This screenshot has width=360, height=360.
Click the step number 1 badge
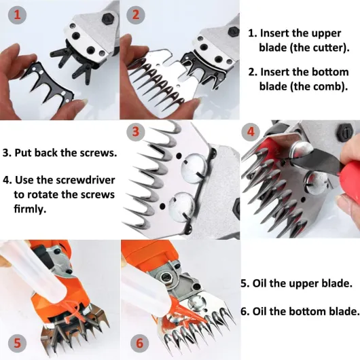(17, 15)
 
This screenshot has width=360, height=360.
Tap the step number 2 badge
(136, 15)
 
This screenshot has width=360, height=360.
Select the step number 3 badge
(136, 132)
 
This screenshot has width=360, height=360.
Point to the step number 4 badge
(251, 132)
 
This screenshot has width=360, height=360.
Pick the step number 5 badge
(17, 343)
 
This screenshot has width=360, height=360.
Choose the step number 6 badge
(140, 343)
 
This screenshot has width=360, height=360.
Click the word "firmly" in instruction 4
(29, 209)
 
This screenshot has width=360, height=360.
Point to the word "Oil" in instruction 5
(259, 283)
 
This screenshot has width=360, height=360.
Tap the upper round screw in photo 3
(192, 168)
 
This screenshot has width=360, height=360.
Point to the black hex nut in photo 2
(234, 31)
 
